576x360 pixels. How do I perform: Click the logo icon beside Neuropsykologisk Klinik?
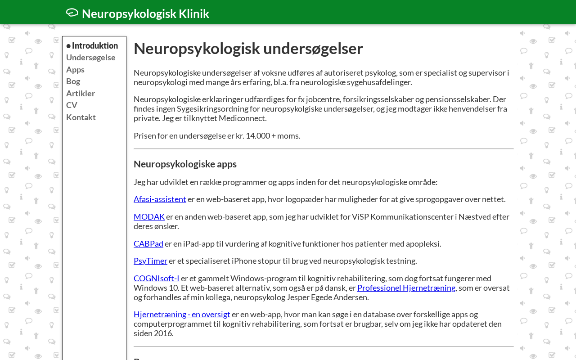coord(72,13)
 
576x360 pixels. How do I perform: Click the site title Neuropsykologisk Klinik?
coord(145,13)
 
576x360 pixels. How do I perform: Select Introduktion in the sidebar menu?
coord(95,45)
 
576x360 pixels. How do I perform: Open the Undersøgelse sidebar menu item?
coord(91,57)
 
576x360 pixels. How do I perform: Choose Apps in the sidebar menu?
coord(75,69)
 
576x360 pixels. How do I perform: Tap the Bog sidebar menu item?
coord(73,81)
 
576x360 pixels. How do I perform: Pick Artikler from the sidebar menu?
coord(81,93)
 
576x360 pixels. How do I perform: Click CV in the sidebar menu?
coord(72,105)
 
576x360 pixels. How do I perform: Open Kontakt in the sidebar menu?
coord(81,117)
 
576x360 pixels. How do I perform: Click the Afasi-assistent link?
coord(160,199)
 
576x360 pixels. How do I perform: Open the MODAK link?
coord(149,216)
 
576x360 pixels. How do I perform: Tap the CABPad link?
coord(148,243)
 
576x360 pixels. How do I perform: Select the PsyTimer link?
coord(150,261)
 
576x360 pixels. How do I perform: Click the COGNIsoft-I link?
coord(157,278)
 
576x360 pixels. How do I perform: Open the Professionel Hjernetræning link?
coord(406,288)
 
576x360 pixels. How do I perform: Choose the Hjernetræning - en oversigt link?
coord(182,314)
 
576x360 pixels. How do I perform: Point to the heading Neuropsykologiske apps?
coord(185,164)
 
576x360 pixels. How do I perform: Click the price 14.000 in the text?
coord(257,135)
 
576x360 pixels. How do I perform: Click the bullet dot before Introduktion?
coord(68,46)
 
